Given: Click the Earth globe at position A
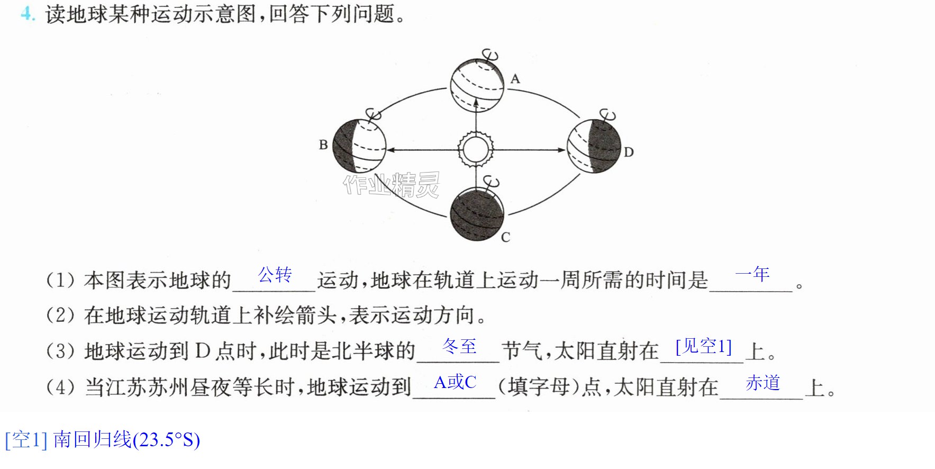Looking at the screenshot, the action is [x=477, y=85].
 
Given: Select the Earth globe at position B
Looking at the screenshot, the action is [x=359, y=147].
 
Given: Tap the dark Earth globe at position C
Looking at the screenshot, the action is [x=477, y=213].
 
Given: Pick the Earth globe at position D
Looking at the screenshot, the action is [x=594, y=147].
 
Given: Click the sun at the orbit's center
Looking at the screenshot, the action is [x=476, y=150].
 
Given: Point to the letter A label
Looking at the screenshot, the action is [x=515, y=79].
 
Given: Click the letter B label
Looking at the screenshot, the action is [x=323, y=145].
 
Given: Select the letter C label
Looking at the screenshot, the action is [x=506, y=237].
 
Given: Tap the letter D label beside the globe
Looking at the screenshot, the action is [x=629, y=152].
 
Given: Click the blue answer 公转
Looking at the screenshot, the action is [x=275, y=275].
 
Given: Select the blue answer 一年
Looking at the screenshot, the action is [x=752, y=274].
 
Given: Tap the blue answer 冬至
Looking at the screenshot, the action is [x=459, y=346].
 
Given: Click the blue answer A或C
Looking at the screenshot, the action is [x=455, y=382].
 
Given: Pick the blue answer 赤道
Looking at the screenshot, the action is [x=763, y=382].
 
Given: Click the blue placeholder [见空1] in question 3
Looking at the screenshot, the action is [x=704, y=347].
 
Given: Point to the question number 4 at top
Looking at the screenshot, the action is [x=28, y=13].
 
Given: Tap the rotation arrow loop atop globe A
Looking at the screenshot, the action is [x=490, y=55].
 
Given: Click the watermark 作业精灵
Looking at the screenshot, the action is [x=392, y=185].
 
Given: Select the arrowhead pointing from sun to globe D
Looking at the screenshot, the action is [x=562, y=150].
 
